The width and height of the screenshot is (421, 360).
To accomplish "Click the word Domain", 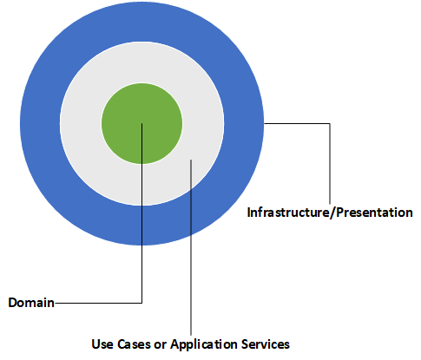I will [31, 303].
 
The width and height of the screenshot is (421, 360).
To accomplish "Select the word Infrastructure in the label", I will [283, 212].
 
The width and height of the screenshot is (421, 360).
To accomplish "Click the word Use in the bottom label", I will [102, 343].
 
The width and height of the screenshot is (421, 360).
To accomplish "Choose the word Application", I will [202, 343].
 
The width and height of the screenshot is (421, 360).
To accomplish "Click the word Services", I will [264, 343].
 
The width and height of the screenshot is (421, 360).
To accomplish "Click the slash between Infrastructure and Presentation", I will [321, 212].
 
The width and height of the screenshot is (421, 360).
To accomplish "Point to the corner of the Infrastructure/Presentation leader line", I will [330, 124].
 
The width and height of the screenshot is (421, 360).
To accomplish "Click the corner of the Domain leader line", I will [141, 303].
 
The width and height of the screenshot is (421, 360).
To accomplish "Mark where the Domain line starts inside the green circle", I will [141, 123].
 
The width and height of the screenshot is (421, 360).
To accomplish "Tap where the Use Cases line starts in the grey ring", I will [190, 161].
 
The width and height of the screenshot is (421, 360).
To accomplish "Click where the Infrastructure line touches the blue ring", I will [264, 124].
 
